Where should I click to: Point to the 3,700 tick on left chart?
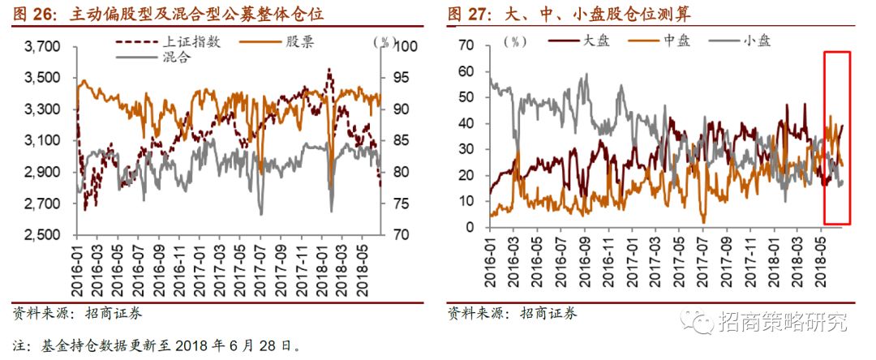click(43, 47)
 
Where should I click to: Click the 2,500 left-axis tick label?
click(43, 235)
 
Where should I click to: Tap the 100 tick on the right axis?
click(405, 47)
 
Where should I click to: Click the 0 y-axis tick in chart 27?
click(468, 227)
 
